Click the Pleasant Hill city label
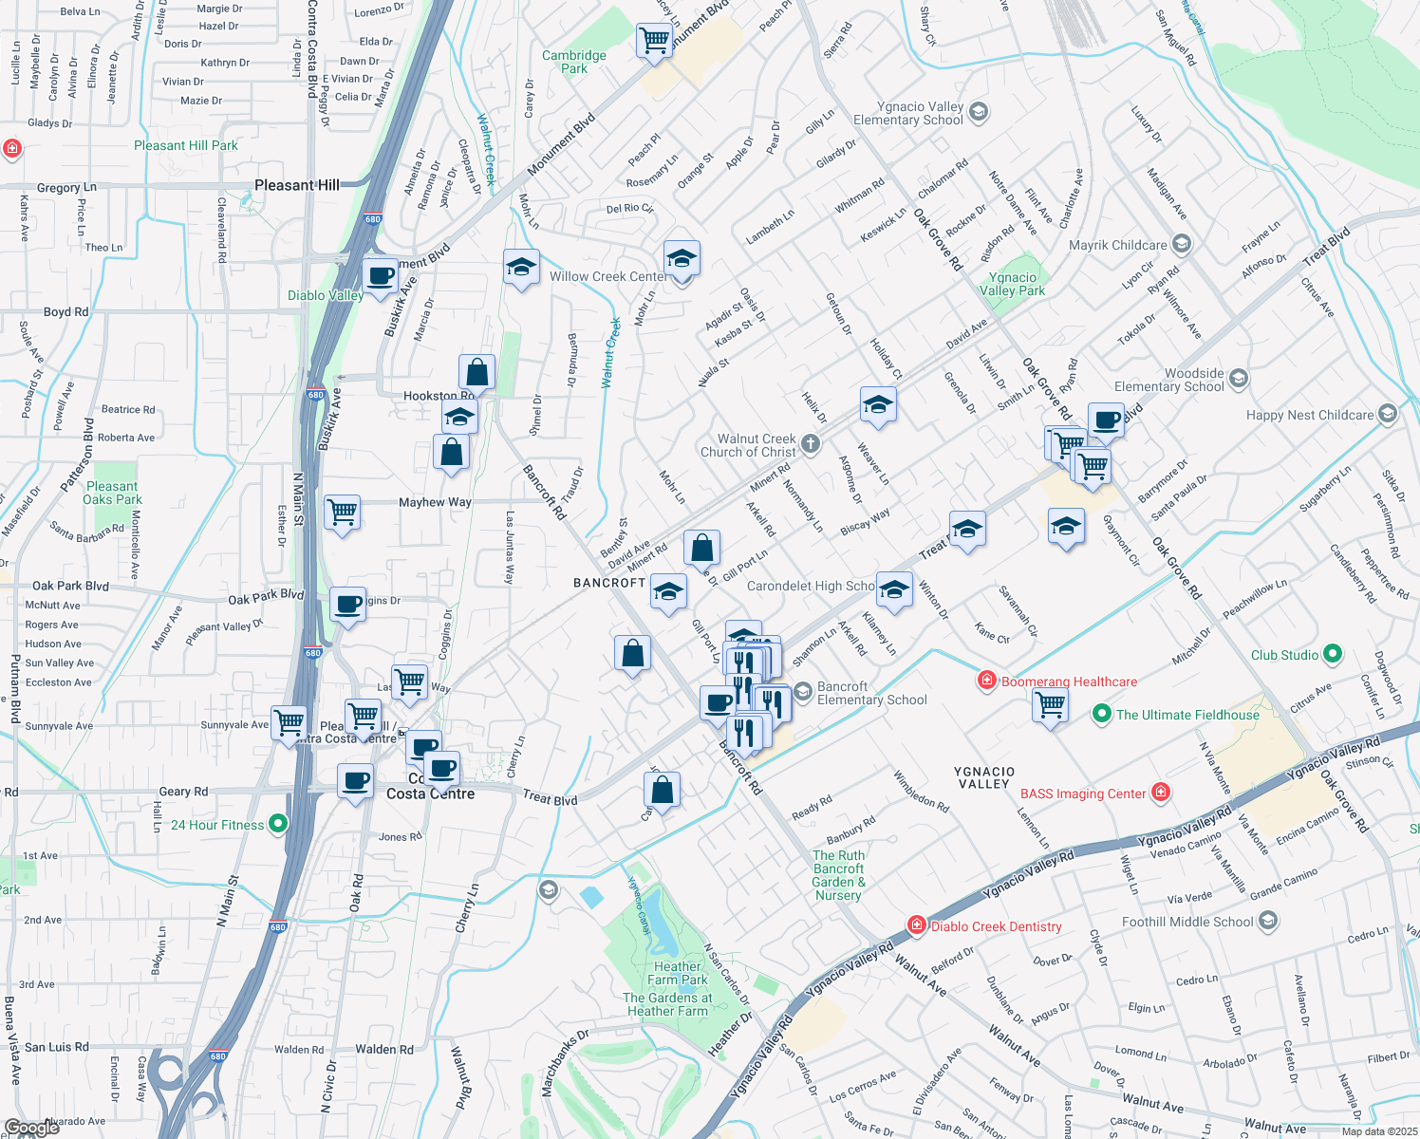[296, 185]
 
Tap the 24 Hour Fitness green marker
[278, 824]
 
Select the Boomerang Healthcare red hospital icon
[987, 681]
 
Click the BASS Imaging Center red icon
[1160, 793]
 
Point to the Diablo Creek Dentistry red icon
[916, 925]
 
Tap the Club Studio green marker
[1333, 654]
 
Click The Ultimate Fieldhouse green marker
[1101, 714]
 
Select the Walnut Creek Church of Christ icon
[810, 443]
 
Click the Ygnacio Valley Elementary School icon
[979, 112]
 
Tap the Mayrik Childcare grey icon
[1182, 244]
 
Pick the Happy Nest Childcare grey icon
[1388, 414]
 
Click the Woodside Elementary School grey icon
[1238, 379]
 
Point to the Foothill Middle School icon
[1268, 921]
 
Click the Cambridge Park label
[574, 62]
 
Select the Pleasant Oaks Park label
[112, 493]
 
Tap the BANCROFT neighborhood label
[609, 583]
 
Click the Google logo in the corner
[31, 1128]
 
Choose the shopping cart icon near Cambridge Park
[654, 41]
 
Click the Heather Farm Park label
[678, 973]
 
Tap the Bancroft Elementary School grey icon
[803, 692]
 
